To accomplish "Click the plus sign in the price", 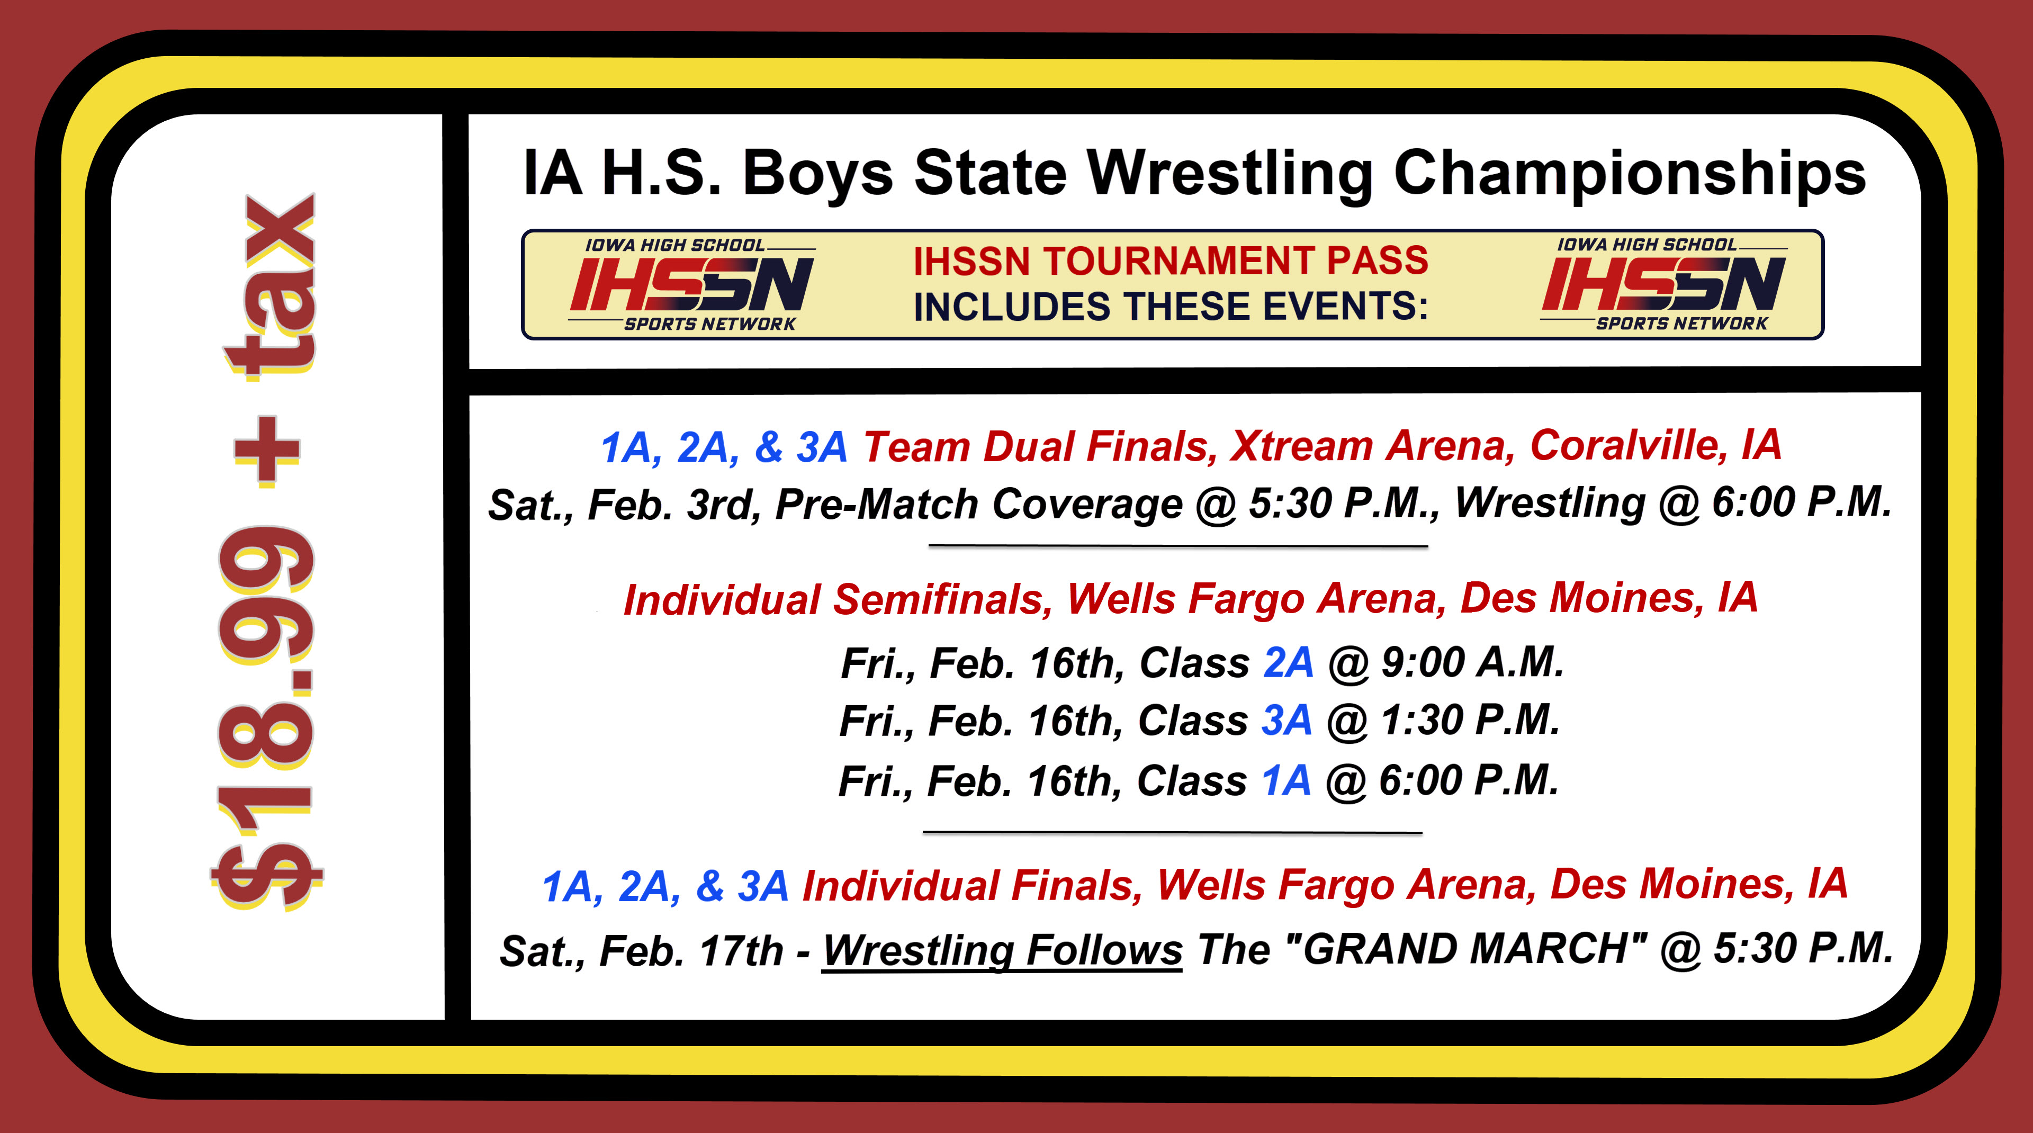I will click(x=267, y=449).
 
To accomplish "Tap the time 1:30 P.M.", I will click(x=1470, y=721).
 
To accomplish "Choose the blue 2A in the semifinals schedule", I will click(x=1288, y=663).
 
